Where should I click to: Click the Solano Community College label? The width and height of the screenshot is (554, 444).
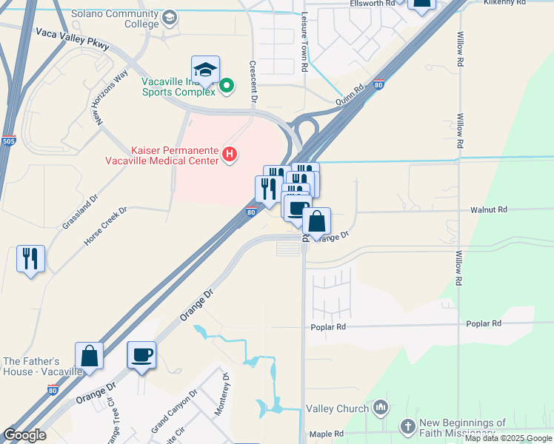click(x=115, y=19)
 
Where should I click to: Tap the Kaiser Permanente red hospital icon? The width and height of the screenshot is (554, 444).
click(x=230, y=154)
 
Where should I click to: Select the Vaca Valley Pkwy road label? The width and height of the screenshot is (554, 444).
click(x=71, y=41)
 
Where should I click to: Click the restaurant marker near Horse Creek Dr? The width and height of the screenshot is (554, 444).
click(x=30, y=259)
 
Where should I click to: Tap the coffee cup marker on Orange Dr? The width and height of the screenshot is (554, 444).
click(x=141, y=355)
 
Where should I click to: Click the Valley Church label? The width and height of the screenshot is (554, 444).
click(x=338, y=408)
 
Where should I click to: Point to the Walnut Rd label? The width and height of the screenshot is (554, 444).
click(x=489, y=210)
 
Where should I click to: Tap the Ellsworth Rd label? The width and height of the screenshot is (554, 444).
click(x=372, y=4)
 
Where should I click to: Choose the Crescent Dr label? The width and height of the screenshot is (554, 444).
click(x=253, y=81)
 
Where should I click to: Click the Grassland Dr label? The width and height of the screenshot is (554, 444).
click(x=80, y=212)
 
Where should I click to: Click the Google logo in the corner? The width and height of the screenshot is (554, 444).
click(x=24, y=435)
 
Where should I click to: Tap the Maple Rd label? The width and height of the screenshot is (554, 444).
click(x=326, y=434)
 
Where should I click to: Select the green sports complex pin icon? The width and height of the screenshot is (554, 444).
click(x=227, y=87)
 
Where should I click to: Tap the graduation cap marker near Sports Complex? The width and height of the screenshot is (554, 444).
click(x=205, y=71)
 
